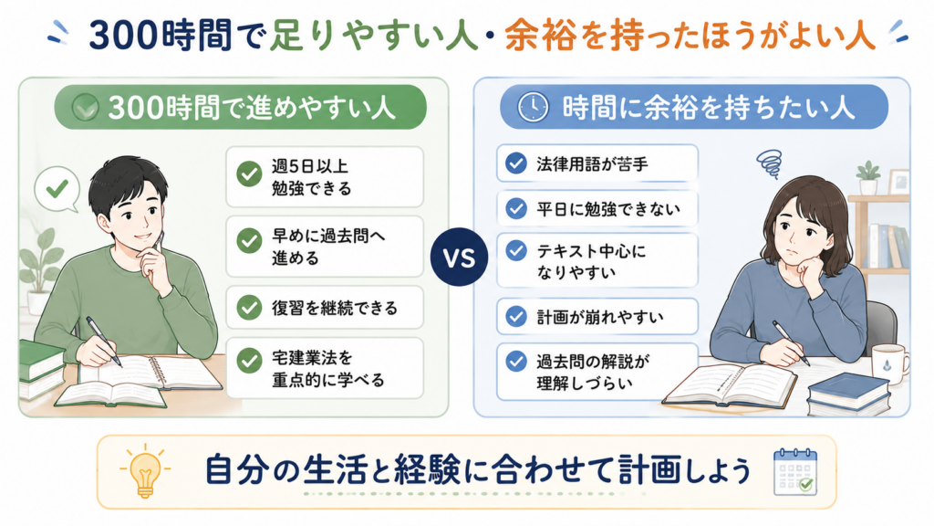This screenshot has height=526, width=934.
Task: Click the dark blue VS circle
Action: coord(460,257)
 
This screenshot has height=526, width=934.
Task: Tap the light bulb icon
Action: coord(145,470)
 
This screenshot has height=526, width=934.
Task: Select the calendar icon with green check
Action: coord(795,472)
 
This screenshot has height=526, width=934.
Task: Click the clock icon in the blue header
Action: coord(533,108)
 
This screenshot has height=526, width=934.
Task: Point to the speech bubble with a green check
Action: coord(57,189)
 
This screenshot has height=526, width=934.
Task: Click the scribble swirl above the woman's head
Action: coord(769,163)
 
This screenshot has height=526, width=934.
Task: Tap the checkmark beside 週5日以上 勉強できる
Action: coord(249,174)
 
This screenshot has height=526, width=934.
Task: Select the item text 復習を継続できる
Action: coord(334,308)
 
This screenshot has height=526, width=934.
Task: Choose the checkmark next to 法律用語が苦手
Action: coord(516,163)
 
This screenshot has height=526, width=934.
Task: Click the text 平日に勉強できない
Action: coord(607,209)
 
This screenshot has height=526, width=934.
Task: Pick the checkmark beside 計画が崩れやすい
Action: coord(516,316)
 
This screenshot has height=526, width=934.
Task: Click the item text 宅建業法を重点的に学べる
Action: coord(327,369)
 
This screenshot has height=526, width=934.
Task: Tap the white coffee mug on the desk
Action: coord(889,363)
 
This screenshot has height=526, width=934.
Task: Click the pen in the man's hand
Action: coord(104,341)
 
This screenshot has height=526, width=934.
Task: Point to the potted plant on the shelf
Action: coord(868,178)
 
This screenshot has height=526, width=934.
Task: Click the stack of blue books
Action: coord(848,394)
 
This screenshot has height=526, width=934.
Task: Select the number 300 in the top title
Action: coord(123,36)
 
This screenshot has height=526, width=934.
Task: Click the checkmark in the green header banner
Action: coord(85,108)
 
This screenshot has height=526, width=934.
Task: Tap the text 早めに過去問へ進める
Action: coord(328,247)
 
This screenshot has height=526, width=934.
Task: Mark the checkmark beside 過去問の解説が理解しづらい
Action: coord(516,361)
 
